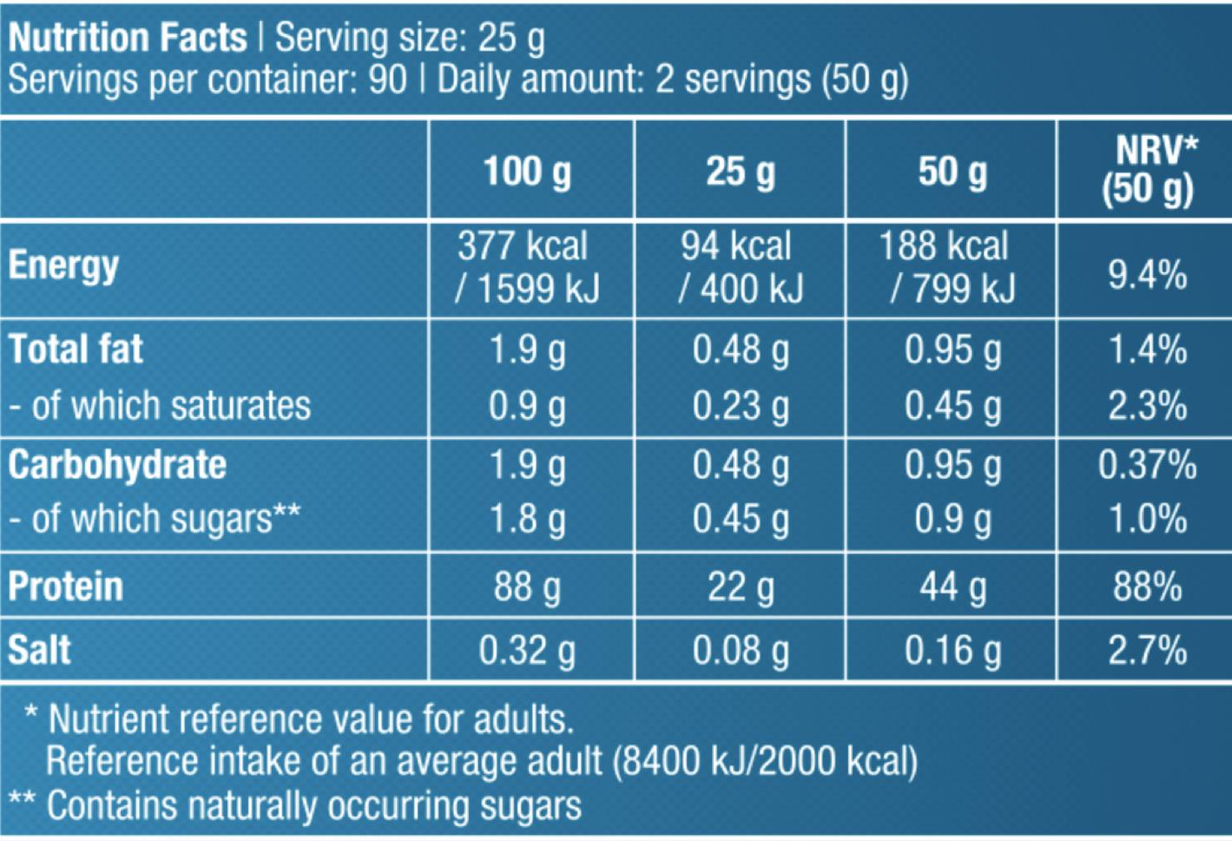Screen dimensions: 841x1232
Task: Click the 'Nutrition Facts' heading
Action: point(127,38)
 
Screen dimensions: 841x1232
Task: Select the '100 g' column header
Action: point(527,172)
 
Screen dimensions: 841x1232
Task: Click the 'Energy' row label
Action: point(63,266)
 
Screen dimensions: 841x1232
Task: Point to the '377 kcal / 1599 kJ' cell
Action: point(527,267)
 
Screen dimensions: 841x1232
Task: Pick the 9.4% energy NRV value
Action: point(1147,274)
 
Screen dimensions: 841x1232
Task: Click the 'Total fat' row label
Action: point(76,349)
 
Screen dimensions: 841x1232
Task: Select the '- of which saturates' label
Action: point(159,406)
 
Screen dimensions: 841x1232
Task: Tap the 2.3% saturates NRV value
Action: point(1147,406)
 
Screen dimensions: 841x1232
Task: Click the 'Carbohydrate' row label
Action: point(117,465)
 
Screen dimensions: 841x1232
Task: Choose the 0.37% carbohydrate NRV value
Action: point(1147,465)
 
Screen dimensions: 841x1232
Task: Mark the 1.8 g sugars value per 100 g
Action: point(527,519)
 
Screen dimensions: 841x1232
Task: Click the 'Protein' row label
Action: point(66,586)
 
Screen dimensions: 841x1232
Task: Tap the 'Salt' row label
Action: point(39,650)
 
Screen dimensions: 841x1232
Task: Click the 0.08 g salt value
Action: point(740,650)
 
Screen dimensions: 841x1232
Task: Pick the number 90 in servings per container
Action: point(387,80)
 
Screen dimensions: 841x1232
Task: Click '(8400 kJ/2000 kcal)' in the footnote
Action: point(765,761)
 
